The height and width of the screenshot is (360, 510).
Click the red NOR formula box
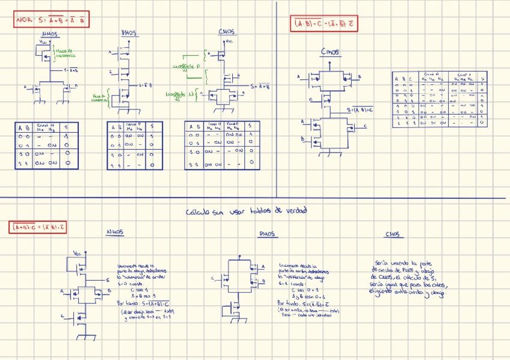(52, 20)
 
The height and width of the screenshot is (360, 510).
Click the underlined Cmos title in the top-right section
(330, 52)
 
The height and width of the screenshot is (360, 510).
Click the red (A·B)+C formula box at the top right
(324, 23)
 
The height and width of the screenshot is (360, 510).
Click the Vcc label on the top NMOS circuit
(41, 43)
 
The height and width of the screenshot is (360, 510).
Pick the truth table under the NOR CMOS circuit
(222, 145)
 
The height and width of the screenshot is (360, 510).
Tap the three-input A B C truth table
(440, 99)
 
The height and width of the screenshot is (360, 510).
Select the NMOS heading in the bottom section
(115, 231)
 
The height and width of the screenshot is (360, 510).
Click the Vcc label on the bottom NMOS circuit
(76, 252)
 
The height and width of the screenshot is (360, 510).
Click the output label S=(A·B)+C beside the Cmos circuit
(360, 110)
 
